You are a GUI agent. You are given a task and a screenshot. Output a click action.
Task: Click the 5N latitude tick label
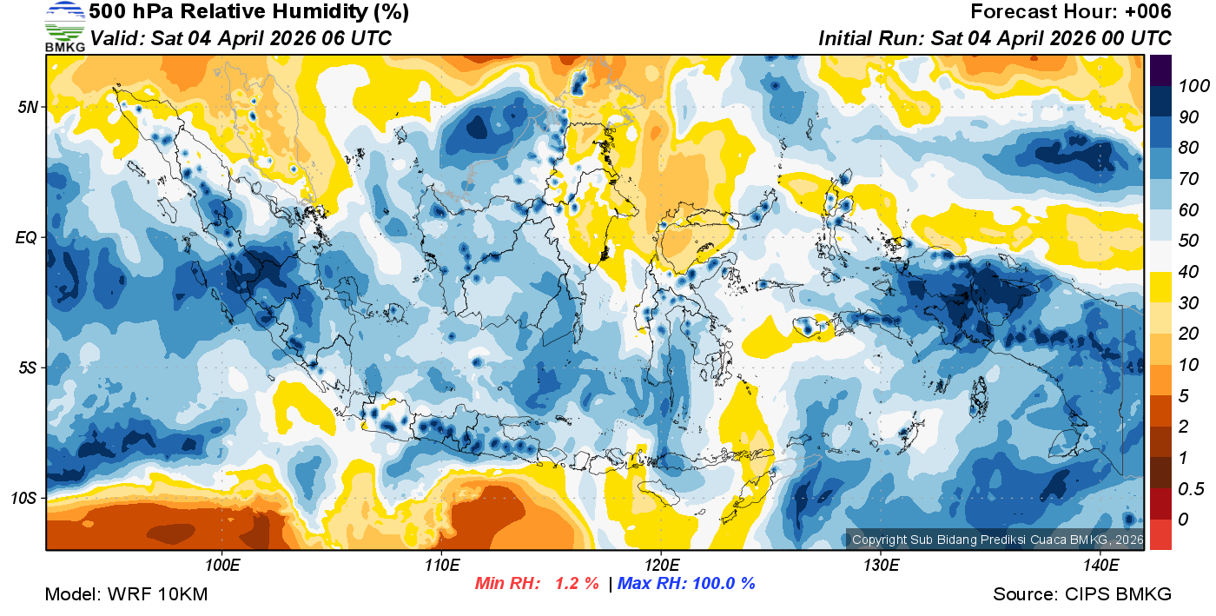(x=28, y=107)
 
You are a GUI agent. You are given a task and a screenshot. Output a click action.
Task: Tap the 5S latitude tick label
(x=28, y=368)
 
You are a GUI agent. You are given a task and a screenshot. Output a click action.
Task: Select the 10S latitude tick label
(x=24, y=498)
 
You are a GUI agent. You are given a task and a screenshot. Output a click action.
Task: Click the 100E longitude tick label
(x=222, y=566)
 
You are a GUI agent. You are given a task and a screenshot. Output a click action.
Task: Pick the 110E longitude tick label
(x=442, y=566)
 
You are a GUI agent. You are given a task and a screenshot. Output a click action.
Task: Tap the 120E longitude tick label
(x=662, y=566)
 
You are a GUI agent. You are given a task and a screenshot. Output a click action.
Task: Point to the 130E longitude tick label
(x=881, y=566)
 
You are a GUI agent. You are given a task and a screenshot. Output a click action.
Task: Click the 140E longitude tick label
(x=1100, y=566)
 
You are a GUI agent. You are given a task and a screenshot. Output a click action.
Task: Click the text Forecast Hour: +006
(x=1071, y=12)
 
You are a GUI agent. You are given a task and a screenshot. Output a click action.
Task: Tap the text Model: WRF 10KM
(x=126, y=594)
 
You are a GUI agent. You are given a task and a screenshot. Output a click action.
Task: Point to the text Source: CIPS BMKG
(x=1082, y=594)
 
